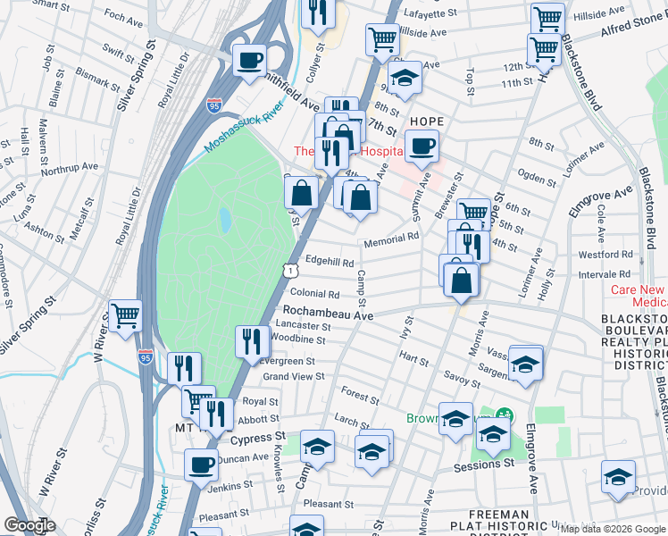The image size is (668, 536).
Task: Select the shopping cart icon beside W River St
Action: click(x=126, y=314)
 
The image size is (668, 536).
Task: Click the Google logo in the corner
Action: click(x=29, y=526)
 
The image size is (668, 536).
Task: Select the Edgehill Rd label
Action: click(x=330, y=260)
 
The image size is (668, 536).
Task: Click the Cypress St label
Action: click(x=256, y=440)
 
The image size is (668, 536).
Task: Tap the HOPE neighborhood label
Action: click(x=427, y=121)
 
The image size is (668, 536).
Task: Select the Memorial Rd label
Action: click(x=391, y=239)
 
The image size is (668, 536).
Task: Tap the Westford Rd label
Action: click(x=605, y=255)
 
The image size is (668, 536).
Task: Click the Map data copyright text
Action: click(x=612, y=528)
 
